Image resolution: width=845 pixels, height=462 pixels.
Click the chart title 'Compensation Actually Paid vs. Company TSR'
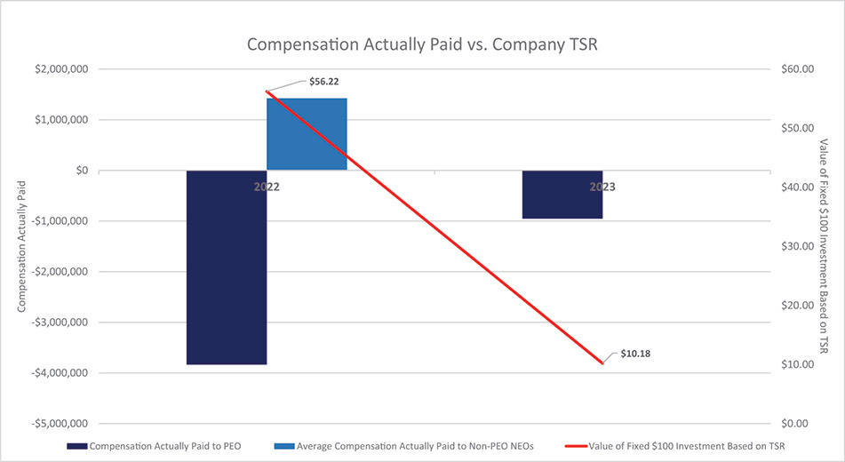click(x=422, y=44)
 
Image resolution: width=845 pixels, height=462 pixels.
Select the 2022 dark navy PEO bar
click(x=227, y=267)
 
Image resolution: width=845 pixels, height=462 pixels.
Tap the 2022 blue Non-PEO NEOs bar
click(x=307, y=134)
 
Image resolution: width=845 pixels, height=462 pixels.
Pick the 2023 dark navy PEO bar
click(x=562, y=194)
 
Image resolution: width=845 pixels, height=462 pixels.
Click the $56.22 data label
click(x=323, y=81)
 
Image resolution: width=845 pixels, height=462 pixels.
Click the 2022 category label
click(x=267, y=187)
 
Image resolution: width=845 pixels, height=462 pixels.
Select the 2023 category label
click(x=602, y=187)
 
